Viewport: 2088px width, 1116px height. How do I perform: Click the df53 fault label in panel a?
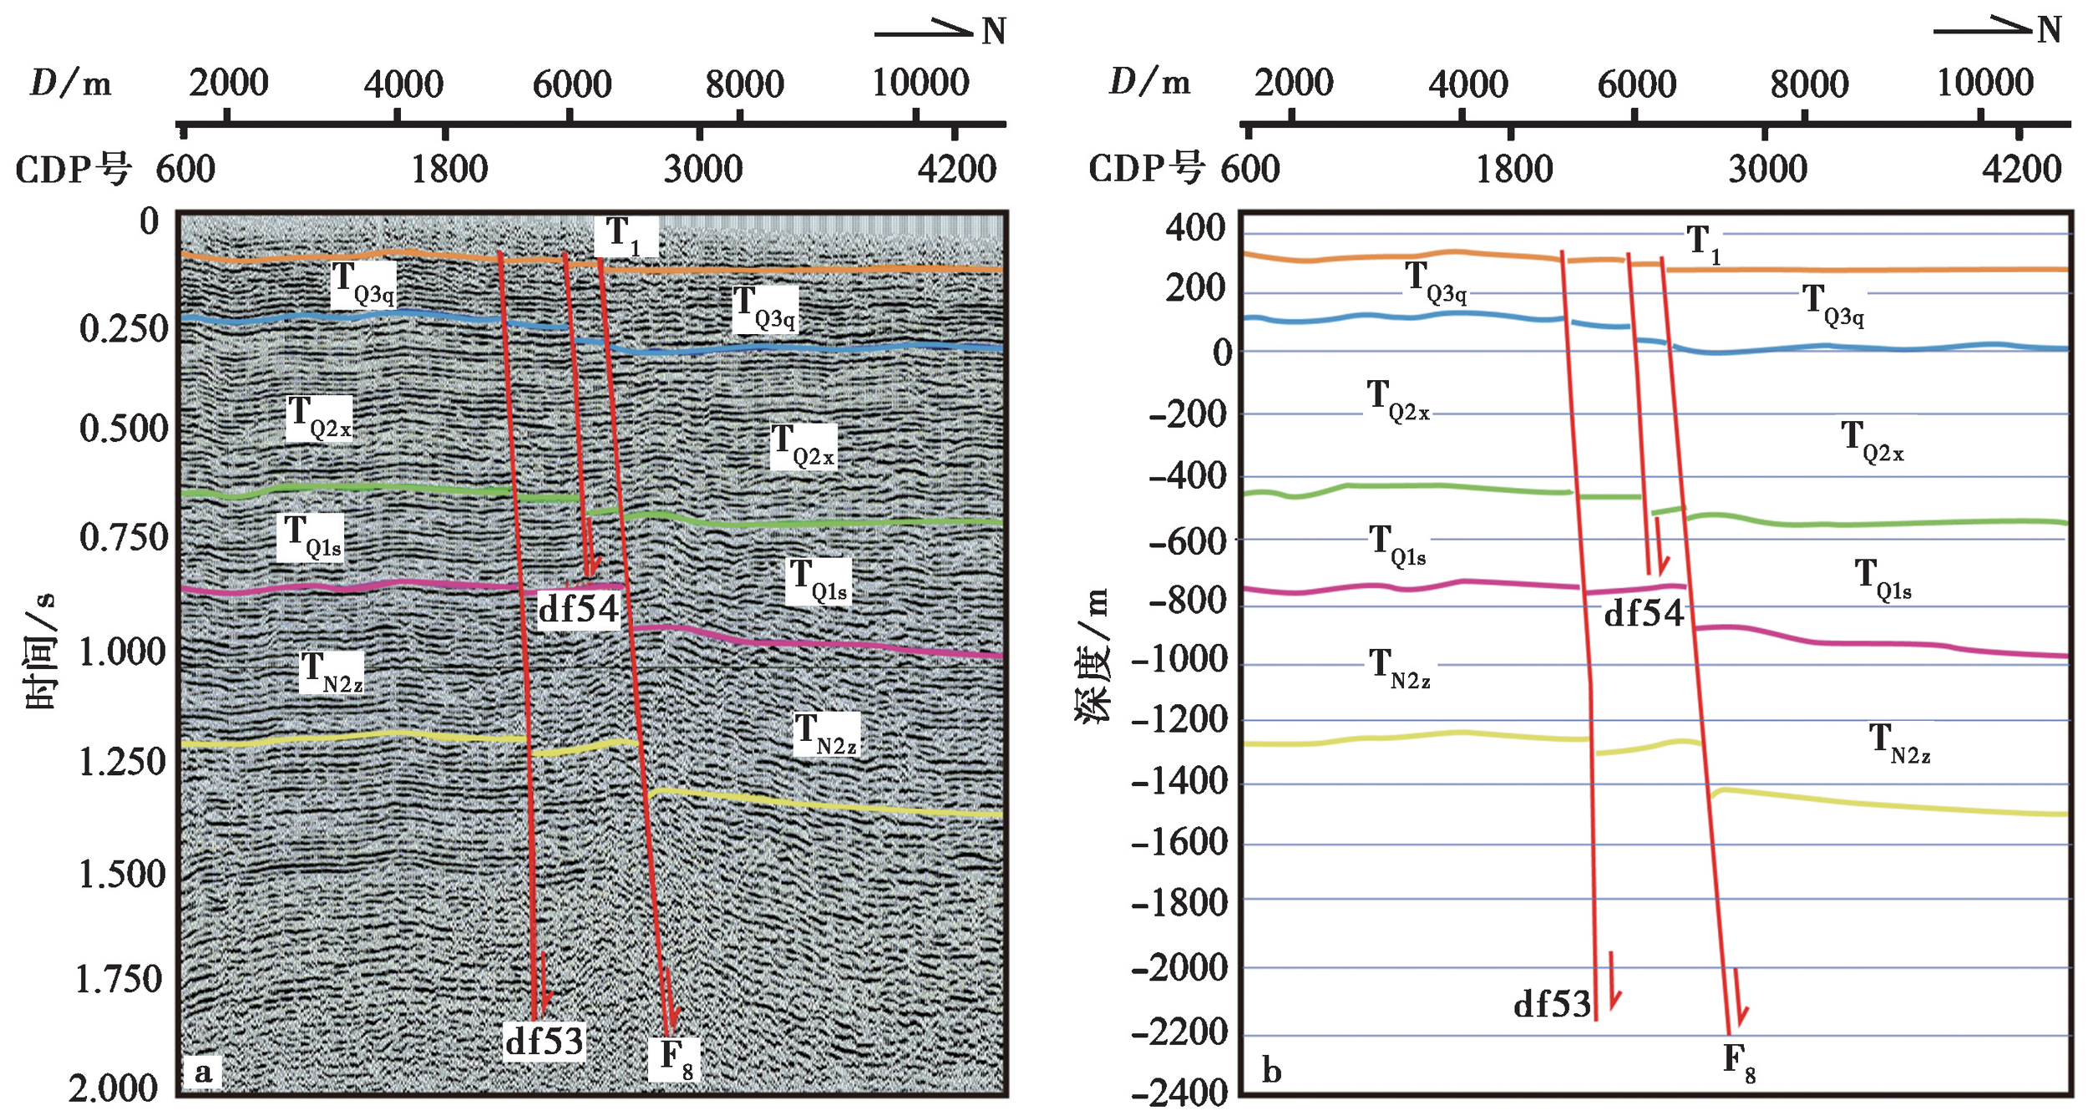(544, 1041)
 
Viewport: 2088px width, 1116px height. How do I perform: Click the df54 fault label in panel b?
(1643, 614)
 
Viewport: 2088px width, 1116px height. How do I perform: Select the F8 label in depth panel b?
(1739, 1063)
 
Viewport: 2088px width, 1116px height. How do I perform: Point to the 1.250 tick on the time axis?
(123, 762)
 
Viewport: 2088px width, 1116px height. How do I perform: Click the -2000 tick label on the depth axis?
(1179, 968)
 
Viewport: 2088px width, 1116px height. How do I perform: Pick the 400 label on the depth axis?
(1195, 227)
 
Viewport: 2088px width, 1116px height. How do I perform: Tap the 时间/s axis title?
(40, 651)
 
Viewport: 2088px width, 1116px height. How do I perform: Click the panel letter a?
(203, 1072)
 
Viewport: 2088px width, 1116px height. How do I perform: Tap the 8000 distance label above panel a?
(744, 84)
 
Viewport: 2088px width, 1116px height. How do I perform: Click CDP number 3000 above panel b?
(1768, 170)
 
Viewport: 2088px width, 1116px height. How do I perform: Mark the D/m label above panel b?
(1149, 82)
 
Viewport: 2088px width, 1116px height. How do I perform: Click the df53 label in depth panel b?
(1553, 1004)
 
